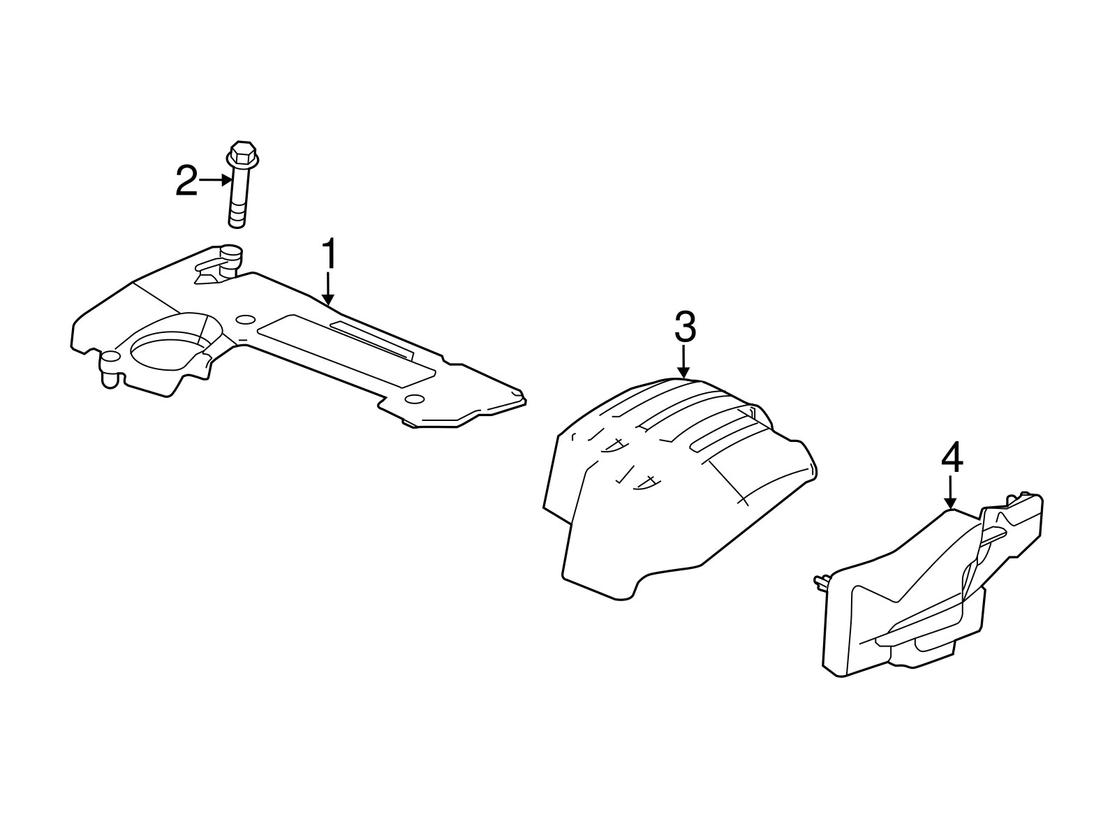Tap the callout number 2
point(186,181)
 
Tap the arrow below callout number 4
point(951,492)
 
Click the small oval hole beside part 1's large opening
point(245,319)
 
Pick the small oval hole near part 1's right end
point(415,399)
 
